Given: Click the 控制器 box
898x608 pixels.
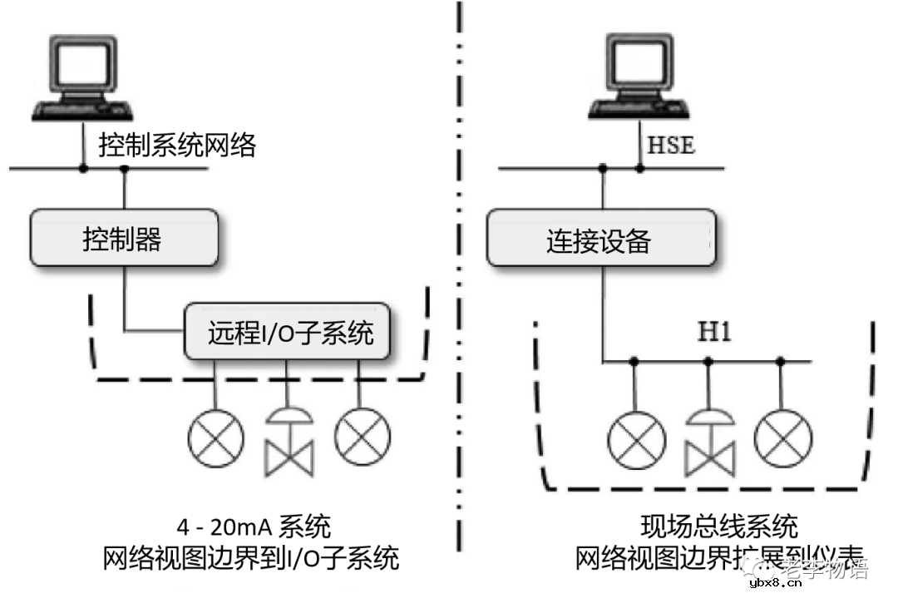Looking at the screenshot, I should pos(125,240).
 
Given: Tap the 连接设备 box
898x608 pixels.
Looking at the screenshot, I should pos(599,240).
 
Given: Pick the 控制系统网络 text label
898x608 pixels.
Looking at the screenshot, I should pos(177,146).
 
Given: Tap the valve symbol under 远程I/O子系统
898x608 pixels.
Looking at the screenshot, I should pos(288,440).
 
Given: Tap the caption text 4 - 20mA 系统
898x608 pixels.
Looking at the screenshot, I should pos(254,526).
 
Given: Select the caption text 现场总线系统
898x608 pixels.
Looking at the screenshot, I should pos(719,526).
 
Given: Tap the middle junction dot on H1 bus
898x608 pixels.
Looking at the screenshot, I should pos(708,362).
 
